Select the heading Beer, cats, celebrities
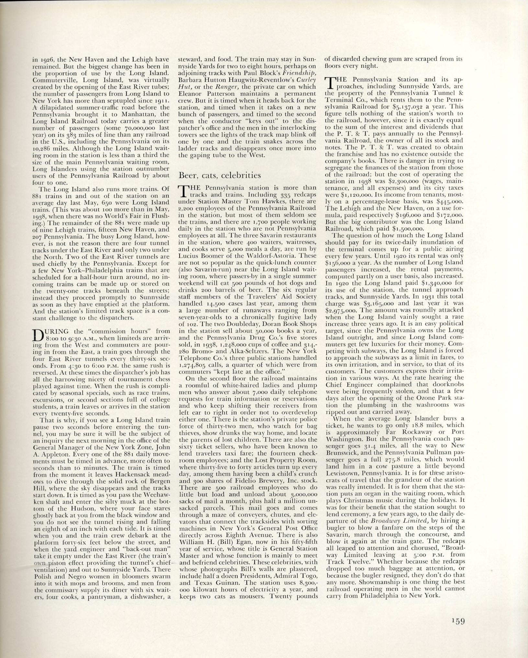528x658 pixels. point(219,175)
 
